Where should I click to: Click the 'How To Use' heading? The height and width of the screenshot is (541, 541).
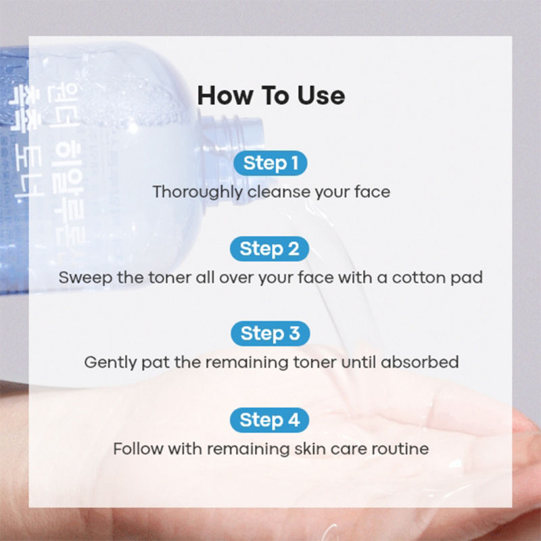click(x=270, y=95)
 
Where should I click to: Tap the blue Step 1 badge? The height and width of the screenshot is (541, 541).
click(x=270, y=163)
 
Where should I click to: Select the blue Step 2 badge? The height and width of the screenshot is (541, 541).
click(x=270, y=248)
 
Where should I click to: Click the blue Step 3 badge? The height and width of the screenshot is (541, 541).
click(x=270, y=333)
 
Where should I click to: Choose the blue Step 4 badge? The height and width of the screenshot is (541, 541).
click(x=270, y=419)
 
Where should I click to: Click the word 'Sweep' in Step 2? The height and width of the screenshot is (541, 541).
click(x=79, y=277)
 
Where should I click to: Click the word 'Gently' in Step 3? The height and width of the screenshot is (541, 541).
click(x=105, y=362)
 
